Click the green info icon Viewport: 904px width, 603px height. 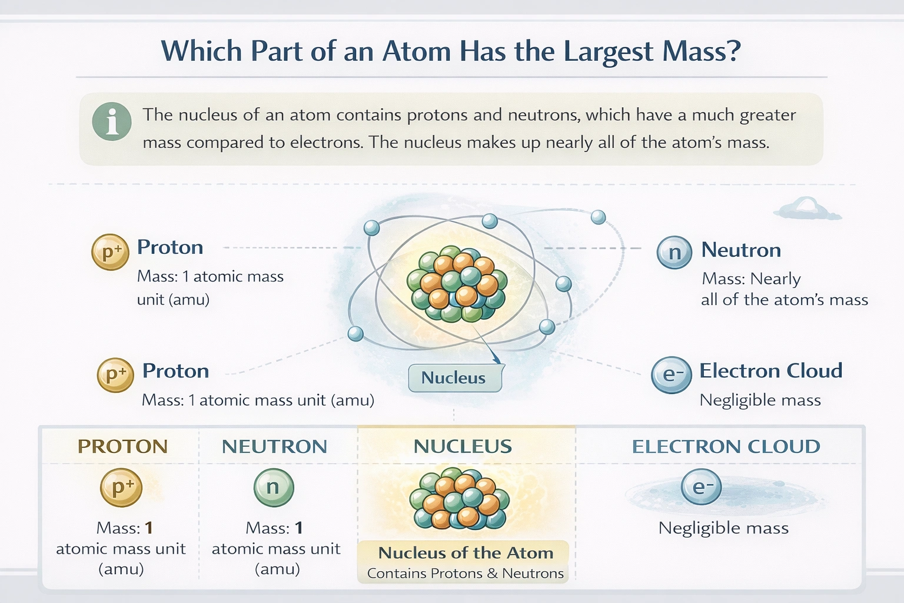point(112,121)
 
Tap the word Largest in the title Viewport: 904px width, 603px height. point(608,52)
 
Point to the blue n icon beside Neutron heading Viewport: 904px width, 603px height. point(674,252)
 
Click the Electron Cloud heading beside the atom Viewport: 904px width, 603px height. point(770,371)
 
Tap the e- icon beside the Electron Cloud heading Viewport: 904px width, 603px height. point(672,375)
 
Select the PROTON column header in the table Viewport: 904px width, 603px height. point(122,446)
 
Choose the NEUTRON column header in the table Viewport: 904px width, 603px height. point(274,446)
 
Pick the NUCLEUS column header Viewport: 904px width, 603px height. point(463,446)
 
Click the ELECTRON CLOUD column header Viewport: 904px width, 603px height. point(726,446)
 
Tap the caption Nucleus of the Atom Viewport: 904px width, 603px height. point(466,553)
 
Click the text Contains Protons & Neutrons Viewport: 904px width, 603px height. point(466,574)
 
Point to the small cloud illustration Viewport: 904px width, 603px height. point(807,209)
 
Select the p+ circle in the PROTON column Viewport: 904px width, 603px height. point(121,488)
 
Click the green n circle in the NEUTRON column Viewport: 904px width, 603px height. point(273,488)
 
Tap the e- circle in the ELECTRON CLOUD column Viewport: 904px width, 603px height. point(701,488)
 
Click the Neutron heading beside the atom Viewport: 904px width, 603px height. point(741,250)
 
